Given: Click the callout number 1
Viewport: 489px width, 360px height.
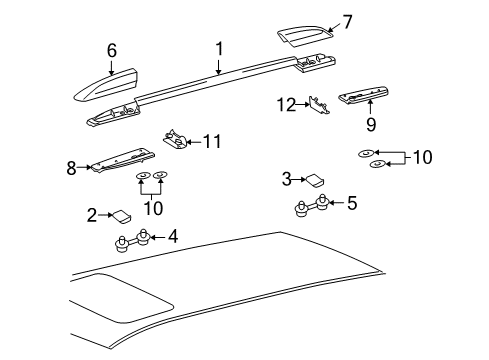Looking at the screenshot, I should (218, 47).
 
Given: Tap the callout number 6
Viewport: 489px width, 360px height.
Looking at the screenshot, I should (112, 50).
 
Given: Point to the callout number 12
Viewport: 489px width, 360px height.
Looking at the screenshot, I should (287, 103).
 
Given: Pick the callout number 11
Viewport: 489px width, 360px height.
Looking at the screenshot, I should (210, 142).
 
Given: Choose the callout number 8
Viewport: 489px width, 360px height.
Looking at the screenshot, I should (71, 168).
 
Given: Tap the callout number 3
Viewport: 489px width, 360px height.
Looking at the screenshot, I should (286, 179).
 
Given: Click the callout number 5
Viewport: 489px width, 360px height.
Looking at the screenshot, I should (350, 204).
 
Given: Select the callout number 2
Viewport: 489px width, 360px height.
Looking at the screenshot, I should (91, 214).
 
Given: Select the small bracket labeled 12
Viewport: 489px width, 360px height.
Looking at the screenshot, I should (320, 107).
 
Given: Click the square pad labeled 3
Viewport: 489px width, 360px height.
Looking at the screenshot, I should (315, 181).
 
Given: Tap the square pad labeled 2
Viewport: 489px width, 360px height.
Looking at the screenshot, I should (121, 214).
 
